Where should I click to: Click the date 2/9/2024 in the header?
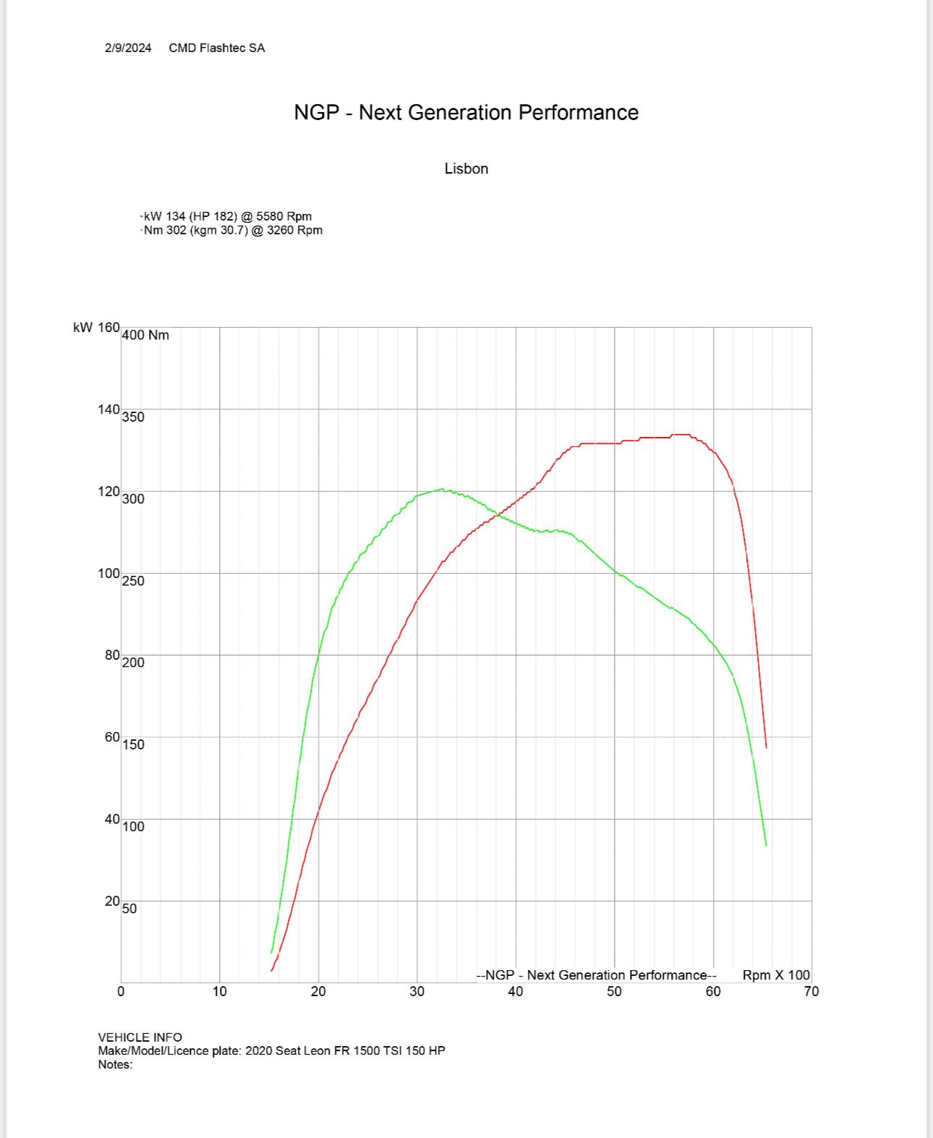pyautogui.click(x=128, y=48)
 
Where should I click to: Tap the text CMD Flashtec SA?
pyautogui.click(x=217, y=48)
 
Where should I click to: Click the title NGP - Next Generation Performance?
pyautogui.click(x=466, y=112)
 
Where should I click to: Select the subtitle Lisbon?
pyautogui.click(x=466, y=169)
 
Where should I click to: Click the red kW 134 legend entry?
pyautogui.click(x=227, y=216)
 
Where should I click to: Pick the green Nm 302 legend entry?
pyautogui.click(x=232, y=230)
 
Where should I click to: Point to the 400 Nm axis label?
pyautogui.click(x=145, y=335)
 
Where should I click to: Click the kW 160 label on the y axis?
pyautogui.click(x=96, y=328)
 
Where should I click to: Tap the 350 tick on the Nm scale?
pyautogui.click(x=133, y=417)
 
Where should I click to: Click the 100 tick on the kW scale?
pyautogui.click(x=108, y=573)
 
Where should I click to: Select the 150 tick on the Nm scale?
pyautogui.click(x=133, y=744)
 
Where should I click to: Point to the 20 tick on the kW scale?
pyautogui.click(x=111, y=901)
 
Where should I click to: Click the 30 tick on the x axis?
pyautogui.click(x=417, y=991)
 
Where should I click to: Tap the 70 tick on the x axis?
pyautogui.click(x=811, y=991)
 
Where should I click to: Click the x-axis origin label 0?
pyautogui.click(x=121, y=991)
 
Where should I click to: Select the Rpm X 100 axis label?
pyautogui.click(x=776, y=974)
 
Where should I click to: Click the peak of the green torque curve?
pyautogui.click(x=442, y=489)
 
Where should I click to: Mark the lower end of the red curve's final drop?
pyautogui.click(x=766, y=747)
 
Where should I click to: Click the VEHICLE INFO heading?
pyautogui.click(x=140, y=1037)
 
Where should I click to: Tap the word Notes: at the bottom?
pyautogui.click(x=116, y=1064)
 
